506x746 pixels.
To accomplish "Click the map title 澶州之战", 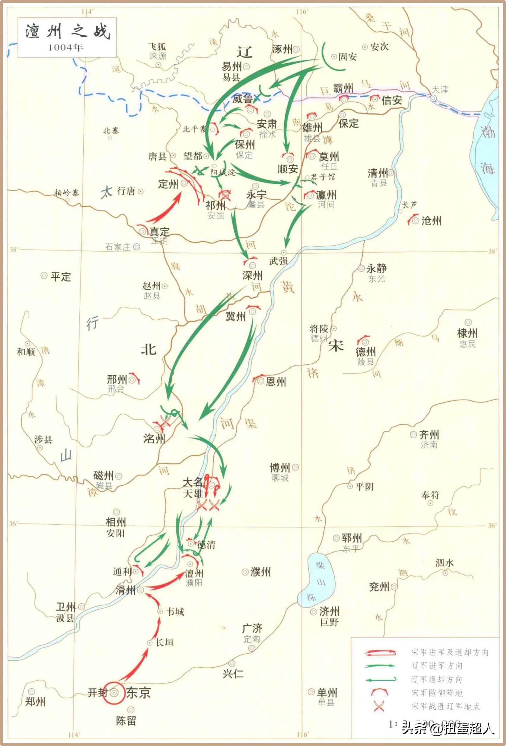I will click(67, 32).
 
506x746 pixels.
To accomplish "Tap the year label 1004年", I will click(66, 47).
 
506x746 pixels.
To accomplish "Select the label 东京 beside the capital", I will click(138, 693).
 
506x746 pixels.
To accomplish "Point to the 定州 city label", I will click(168, 184).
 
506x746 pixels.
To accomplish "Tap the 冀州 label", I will click(235, 317).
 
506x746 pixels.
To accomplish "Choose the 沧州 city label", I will click(431, 221).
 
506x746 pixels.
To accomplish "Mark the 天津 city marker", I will click(434, 98).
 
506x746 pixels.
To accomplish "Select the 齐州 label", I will click(429, 435).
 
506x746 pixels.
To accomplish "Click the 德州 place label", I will click(365, 351).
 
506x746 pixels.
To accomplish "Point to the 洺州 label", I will click(154, 439).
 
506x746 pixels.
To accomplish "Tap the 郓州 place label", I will click(351, 538).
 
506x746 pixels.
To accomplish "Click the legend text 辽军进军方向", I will click(437, 666).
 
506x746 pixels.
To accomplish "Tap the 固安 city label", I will click(348, 57).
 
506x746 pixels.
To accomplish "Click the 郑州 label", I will click(35, 701).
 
